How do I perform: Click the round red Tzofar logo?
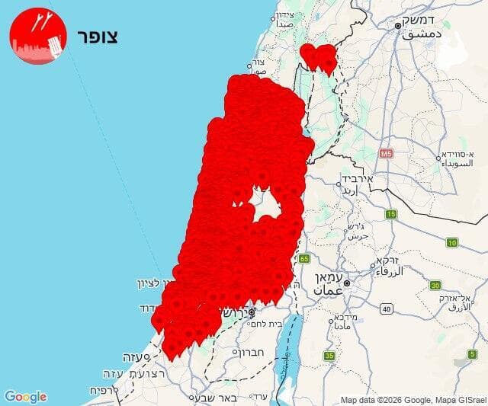point(37,37)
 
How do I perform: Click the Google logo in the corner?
point(25,397)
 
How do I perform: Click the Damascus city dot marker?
point(398,25)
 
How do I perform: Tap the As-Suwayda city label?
point(463,158)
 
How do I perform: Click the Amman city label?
point(330,284)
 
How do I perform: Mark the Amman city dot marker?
point(347,283)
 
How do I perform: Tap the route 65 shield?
point(305,258)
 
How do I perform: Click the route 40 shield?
point(387,308)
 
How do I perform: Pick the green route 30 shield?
point(435,285)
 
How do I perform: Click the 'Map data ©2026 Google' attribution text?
point(381,400)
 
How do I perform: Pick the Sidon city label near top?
point(284,19)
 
